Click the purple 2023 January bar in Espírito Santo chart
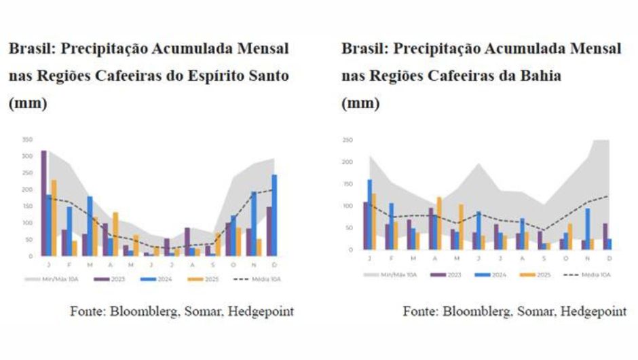(x=44, y=204)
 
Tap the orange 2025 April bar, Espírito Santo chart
(x=115, y=234)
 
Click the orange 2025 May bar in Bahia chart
(x=461, y=227)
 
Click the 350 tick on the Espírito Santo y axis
(x=27, y=139)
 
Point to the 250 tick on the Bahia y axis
(x=348, y=140)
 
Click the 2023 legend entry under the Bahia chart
(x=448, y=274)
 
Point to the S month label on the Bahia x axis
(x=542, y=258)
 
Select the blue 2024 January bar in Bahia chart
(x=370, y=215)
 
